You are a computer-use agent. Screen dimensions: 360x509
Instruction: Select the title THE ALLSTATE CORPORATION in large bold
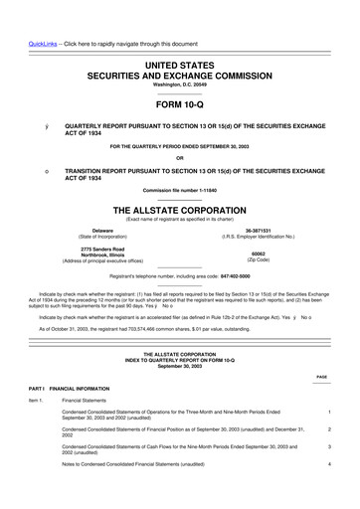[180, 183]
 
